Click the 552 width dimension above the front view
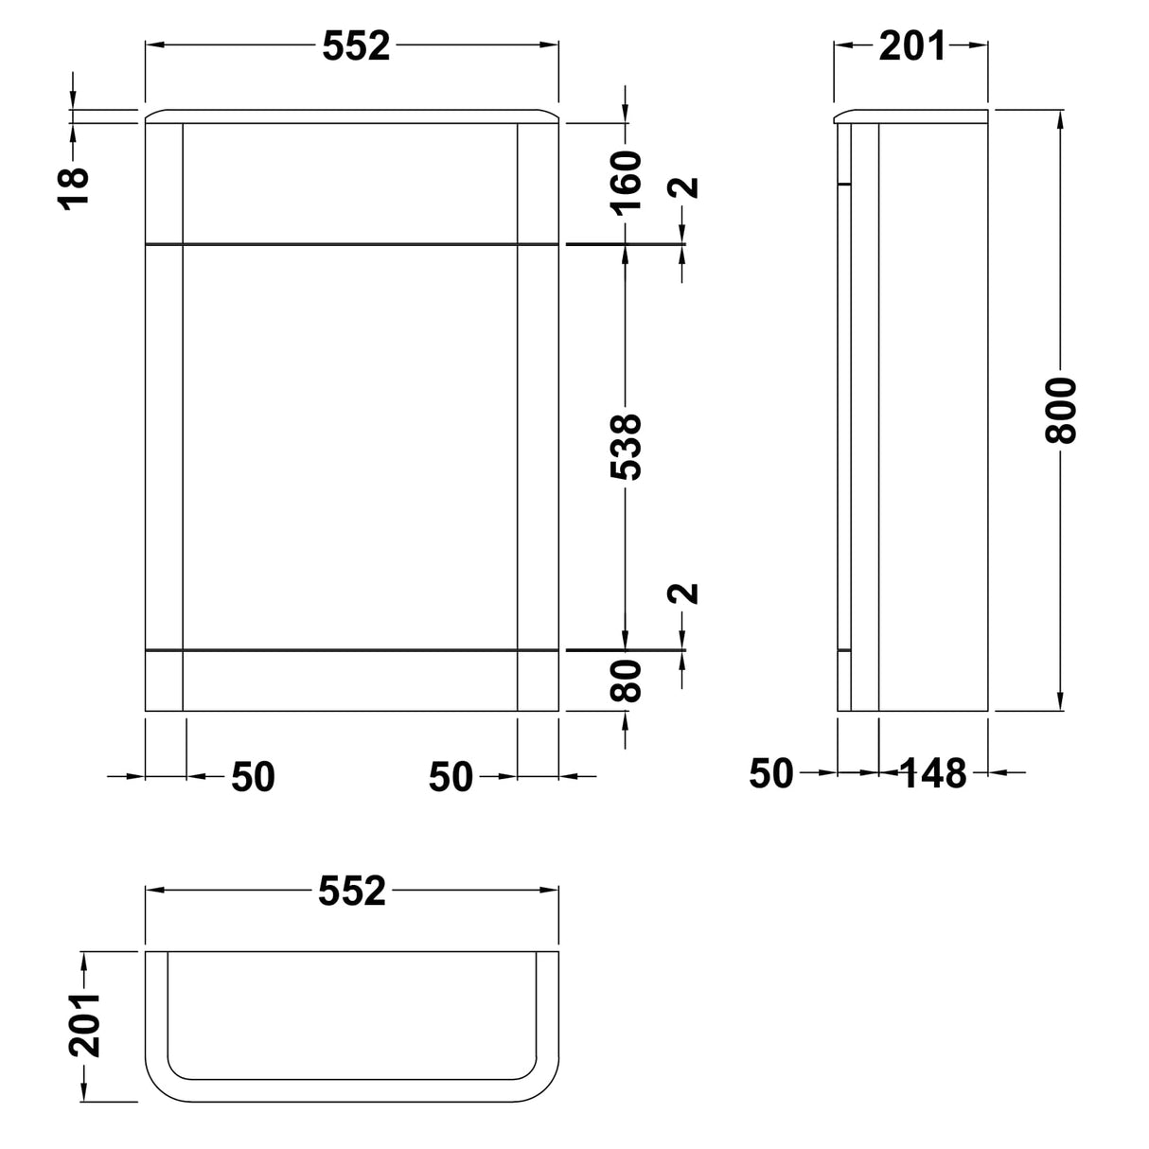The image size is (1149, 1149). pyautogui.click(x=356, y=46)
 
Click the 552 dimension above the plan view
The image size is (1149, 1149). pyautogui.click(x=352, y=891)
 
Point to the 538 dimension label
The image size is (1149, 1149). pyautogui.click(x=626, y=447)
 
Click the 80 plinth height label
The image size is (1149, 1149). pyautogui.click(x=626, y=681)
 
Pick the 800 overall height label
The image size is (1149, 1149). pyautogui.click(x=1061, y=410)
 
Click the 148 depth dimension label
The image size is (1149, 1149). pyautogui.click(x=934, y=772)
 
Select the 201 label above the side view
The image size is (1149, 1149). pyautogui.click(x=912, y=46)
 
